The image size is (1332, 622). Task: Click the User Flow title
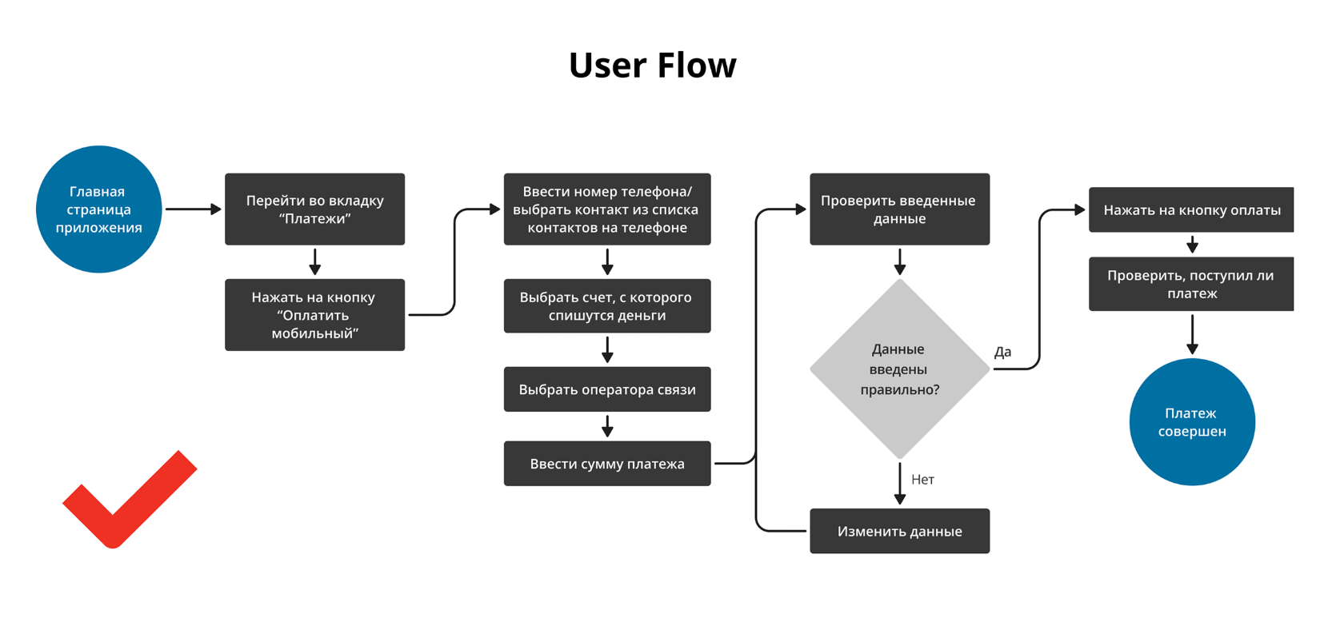[652, 66]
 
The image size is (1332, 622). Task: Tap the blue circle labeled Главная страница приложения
[99, 209]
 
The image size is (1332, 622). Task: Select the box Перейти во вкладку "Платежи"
[314, 209]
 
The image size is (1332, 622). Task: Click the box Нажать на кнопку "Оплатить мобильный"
[314, 315]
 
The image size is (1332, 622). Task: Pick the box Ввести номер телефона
[607, 209]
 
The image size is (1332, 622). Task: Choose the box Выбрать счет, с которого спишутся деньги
[607, 306]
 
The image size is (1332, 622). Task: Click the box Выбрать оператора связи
[607, 389]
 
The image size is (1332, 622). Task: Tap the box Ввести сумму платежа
[607, 464]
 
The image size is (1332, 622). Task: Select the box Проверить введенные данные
[899, 209]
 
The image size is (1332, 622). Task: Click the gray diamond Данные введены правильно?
[899, 369]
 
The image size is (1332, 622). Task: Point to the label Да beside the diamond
[1002, 352]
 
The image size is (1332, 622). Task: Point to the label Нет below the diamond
[922, 480]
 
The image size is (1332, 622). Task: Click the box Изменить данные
[899, 531]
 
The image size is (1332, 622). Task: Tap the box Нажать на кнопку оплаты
[1190, 210]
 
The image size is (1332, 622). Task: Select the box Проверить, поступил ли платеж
[1190, 284]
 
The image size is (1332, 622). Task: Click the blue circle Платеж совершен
[1192, 422]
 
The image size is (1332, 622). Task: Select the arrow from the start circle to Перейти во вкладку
[193, 209]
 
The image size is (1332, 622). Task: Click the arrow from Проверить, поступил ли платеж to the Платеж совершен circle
[1192, 334]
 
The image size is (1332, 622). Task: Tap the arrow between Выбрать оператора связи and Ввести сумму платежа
[607, 426]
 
